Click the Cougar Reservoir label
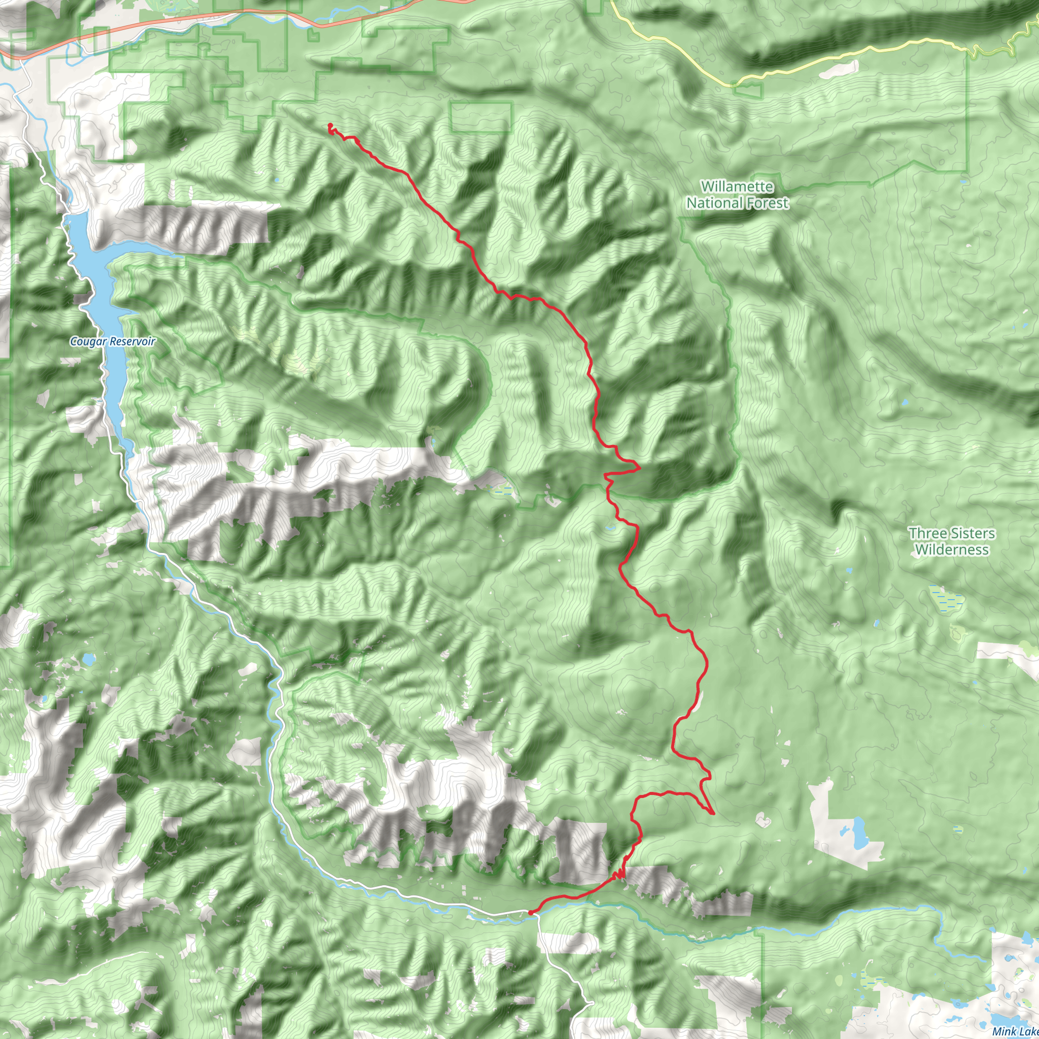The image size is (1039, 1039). tap(113, 341)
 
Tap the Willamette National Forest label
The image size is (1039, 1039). tap(737, 195)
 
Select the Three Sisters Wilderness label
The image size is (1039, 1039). tap(952, 541)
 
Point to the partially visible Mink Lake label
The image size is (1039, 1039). tap(1014, 1031)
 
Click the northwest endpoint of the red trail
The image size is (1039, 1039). tap(329, 125)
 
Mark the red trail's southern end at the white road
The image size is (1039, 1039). tap(530, 913)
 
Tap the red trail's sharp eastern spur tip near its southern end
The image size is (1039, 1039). tap(713, 814)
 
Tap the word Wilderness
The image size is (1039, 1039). tap(952, 549)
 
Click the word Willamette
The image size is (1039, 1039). tap(737, 187)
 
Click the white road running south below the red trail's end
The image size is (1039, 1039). tap(559, 968)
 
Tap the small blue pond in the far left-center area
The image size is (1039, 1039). tap(87, 659)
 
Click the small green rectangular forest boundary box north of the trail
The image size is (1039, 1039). tap(481, 117)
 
